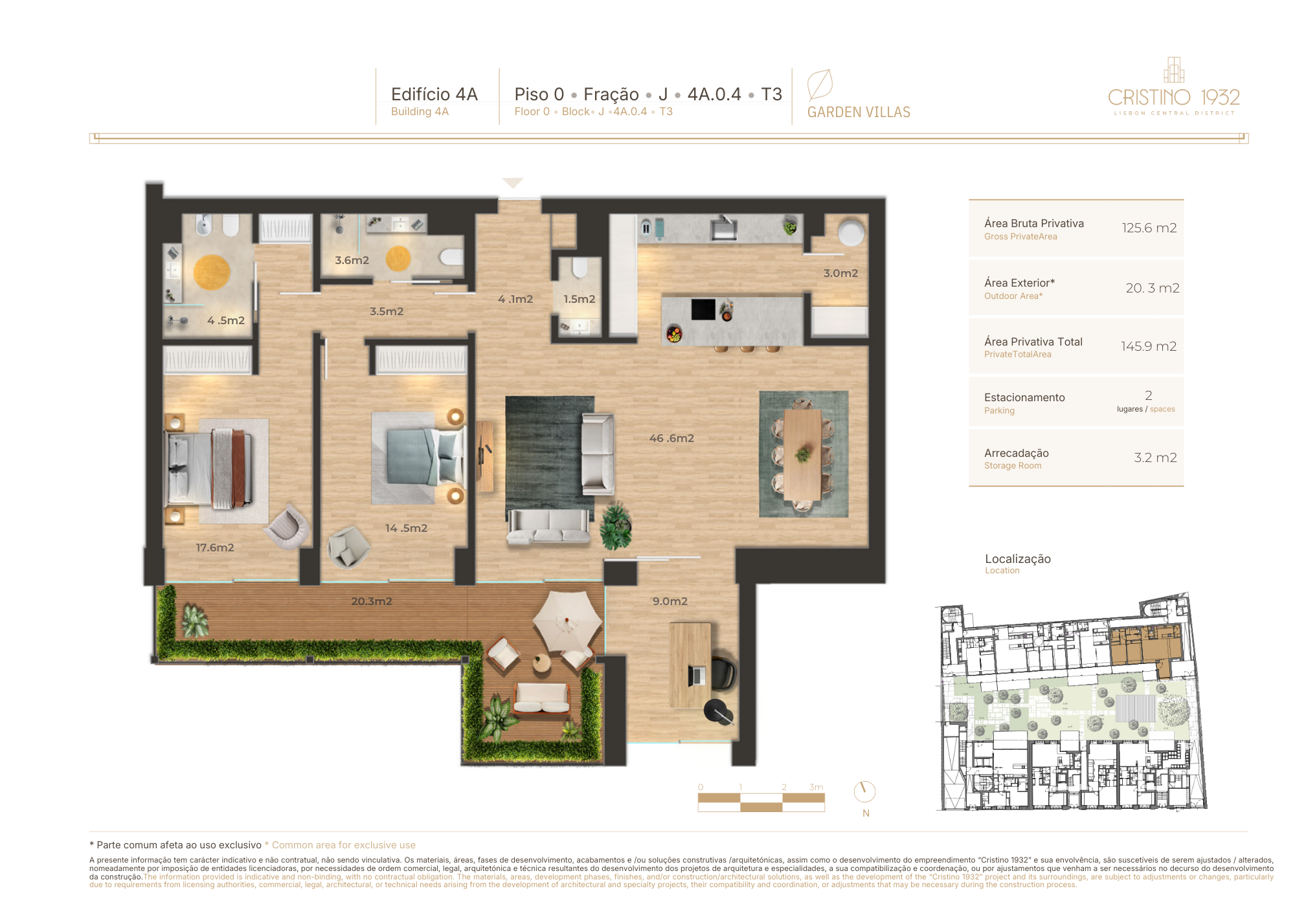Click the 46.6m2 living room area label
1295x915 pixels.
tap(671, 438)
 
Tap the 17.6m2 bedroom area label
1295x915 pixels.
tap(215, 547)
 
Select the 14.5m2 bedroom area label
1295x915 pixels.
tap(406, 528)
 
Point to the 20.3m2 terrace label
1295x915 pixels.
tap(372, 601)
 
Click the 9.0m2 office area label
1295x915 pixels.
tap(670, 601)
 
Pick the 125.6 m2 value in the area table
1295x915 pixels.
tap(1149, 228)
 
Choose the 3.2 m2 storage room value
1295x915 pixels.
tap(1156, 457)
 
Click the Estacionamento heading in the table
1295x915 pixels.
tap(1024, 397)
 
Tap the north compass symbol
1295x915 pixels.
tap(864, 791)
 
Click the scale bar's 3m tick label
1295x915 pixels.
tap(816, 787)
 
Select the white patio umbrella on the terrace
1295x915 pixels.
tap(567, 621)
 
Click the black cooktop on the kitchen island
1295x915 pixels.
tap(703, 309)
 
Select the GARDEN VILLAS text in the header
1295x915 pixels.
tap(859, 112)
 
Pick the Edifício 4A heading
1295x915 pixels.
tap(434, 94)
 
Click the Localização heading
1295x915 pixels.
tap(1018, 558)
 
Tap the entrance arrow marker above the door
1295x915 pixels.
tap(513, 182)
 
